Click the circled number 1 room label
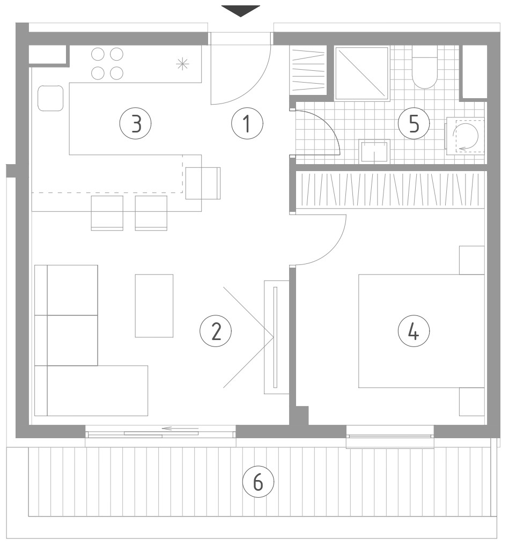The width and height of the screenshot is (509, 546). (x=247, y=123)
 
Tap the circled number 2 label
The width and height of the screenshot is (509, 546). (x=216, y=331)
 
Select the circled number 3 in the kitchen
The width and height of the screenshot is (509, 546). (x=136, y=123)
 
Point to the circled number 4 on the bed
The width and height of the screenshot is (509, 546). (x=414, y=331)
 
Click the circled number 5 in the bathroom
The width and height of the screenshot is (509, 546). (x=414, y=123)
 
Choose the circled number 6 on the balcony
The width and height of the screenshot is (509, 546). (x=258, y=482)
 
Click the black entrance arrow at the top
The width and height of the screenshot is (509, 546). (x=241, y=11)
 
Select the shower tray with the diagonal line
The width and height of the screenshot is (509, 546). (x=362, y=73)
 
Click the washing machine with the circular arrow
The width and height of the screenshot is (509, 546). (x=466, y=136)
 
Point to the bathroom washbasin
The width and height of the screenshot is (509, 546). (x=374, y=151)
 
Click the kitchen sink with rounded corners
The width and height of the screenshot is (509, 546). (x=50, y=98)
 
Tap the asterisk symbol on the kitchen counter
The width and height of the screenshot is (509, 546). (x=182, y=64)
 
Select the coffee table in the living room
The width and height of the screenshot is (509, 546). (x=154, y=306)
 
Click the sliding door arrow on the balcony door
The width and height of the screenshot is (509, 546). (x=181, y=429)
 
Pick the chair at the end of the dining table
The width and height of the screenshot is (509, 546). (x=203, y=183)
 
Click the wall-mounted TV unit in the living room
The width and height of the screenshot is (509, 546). (x=276, y=337)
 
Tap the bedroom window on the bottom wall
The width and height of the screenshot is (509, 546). (x=390, y=436)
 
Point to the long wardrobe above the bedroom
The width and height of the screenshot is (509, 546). (x=390, y=190)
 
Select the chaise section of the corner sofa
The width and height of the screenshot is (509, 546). (x=91, y=390)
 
